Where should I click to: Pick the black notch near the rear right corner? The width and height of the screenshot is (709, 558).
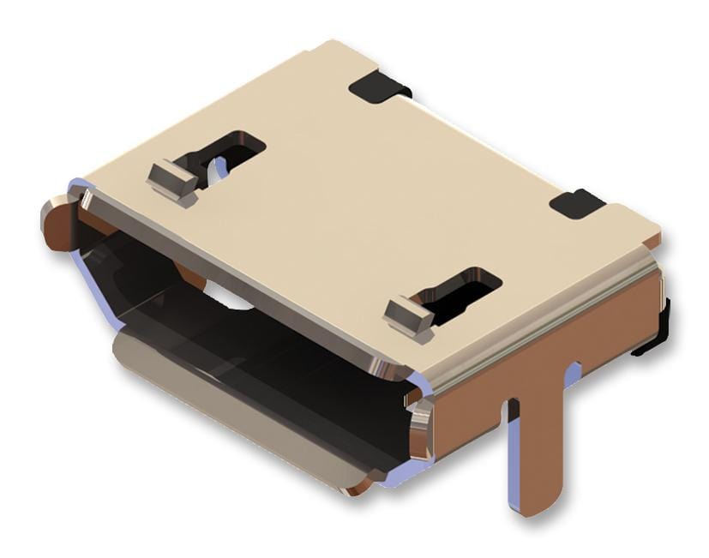coord(576,203)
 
